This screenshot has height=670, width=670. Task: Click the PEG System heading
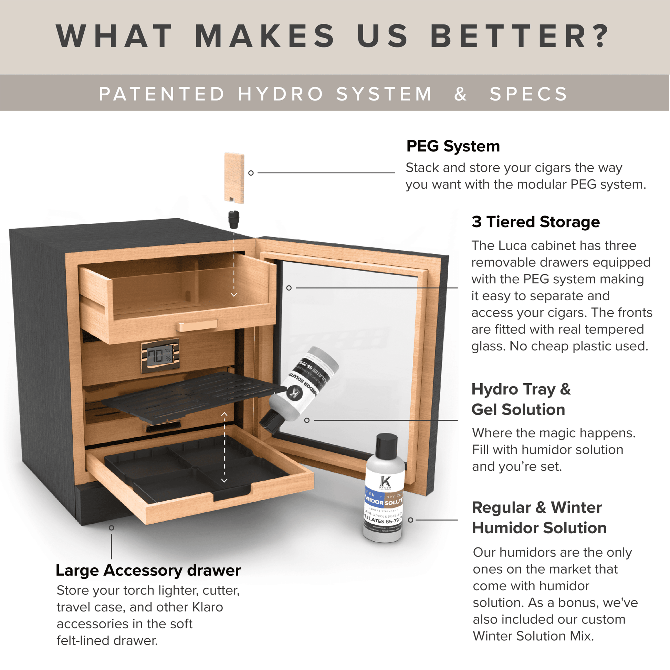click(x=453, y=146)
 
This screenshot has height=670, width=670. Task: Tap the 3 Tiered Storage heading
click(x=535, y=222)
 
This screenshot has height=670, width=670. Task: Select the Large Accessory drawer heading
click(x=148, y=570)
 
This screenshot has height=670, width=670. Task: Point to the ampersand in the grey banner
click(x=460, y=94)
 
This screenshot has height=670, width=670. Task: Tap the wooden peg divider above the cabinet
click(x=234, y=177)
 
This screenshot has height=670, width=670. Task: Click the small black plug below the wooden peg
click(x=234, y=219)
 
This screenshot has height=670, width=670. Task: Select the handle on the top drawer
click(x=197, y=325)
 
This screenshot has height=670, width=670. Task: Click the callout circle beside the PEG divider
click(x=251, y=173)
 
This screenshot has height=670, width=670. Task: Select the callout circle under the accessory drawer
click(x=111, y=528)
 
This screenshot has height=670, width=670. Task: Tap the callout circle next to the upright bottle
click(x=411, y=520)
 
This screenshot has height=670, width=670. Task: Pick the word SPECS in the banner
click(x=528, y=94)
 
